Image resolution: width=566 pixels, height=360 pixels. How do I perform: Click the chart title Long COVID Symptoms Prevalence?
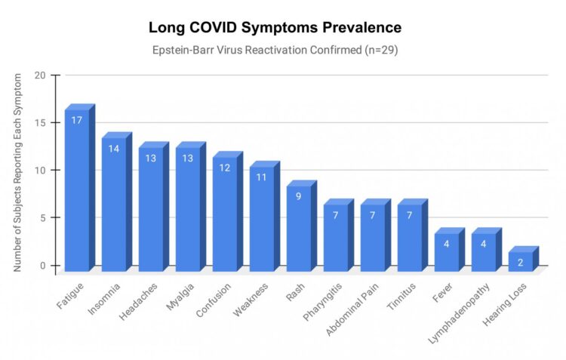(x=275, y=28)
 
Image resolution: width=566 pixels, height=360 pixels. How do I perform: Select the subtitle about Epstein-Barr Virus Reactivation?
(x=275, y=51)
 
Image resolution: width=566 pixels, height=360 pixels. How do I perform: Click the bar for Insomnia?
(x=114, y=205)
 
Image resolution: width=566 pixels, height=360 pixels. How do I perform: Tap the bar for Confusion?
(x=225, y=214)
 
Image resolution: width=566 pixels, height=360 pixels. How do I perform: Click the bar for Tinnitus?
(x=410, y=238)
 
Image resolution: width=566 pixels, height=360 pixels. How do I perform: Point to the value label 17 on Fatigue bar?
(x=77, y=120)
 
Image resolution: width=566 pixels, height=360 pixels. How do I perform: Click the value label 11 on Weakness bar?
(x=262, y=177)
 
